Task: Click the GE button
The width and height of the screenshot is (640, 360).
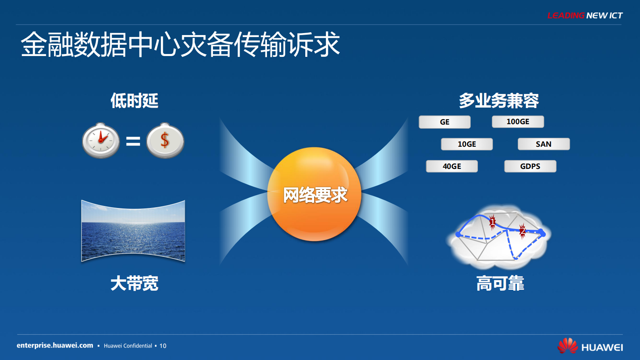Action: [x=444, y=122]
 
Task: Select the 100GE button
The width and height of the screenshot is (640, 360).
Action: [x=518, y=122]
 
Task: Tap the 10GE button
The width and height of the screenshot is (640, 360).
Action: [x=467, y=144]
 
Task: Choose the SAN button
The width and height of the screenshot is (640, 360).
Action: [x=544, y=144]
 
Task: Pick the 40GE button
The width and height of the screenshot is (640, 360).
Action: [x=452, y=166]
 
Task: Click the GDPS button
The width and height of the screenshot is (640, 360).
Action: [x=530, y=166]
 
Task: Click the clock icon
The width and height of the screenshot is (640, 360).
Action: [x=101, y=141]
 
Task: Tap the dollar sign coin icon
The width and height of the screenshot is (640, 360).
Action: [x=165, y=141]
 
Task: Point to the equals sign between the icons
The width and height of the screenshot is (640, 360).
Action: [x=133, y=141]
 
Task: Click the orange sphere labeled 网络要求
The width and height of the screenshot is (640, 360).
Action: [x=314, y=194]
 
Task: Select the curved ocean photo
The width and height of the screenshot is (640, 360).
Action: [x=133, y=231]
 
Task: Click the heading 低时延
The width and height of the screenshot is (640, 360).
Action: [x=134, y=101]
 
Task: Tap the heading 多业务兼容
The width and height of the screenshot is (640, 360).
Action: [x=499, y=101]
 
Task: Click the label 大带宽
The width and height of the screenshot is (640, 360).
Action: [x=134, y=283]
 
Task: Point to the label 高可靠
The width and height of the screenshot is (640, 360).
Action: [x=500, y=283]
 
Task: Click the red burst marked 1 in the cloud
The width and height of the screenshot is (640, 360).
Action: [x=492, y=222]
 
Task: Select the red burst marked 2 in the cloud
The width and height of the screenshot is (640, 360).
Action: [x=523, y=231]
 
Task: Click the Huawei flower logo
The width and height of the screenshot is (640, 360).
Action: [x=567, y=346]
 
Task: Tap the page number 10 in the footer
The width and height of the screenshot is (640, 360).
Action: [x=163, y=346]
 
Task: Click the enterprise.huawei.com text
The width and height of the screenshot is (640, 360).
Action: [x=55, y=345]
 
